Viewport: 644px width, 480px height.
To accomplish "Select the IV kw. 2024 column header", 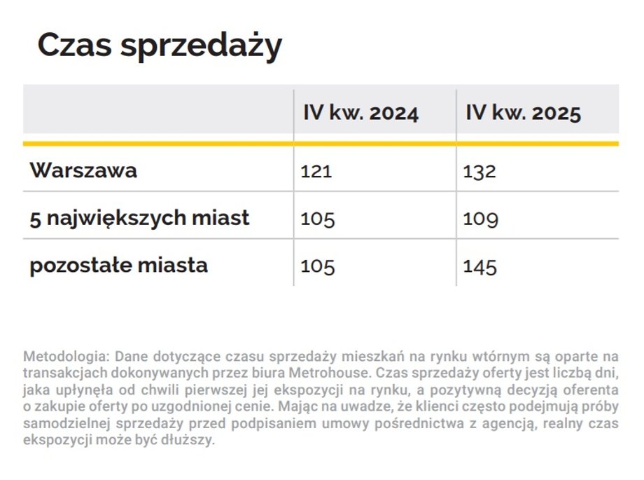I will tap(360, 113).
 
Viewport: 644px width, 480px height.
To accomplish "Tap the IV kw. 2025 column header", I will tap(523, 113).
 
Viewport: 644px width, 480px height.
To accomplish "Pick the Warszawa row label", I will tap(83, 170).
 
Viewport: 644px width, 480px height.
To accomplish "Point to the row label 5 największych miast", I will tap(139, 218).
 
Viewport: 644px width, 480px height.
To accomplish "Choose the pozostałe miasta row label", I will tap(118, 266).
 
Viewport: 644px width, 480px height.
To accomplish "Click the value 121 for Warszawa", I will tap(316, 171).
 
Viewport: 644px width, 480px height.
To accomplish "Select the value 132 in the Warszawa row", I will tap(479, 171).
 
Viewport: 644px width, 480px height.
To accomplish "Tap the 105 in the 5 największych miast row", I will tap(318, 219).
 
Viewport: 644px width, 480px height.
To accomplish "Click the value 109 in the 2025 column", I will tap(481, 219).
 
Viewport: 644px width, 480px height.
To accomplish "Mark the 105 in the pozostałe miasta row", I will tap(318, 266).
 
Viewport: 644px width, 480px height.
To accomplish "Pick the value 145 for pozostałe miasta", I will tap(480, 266).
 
